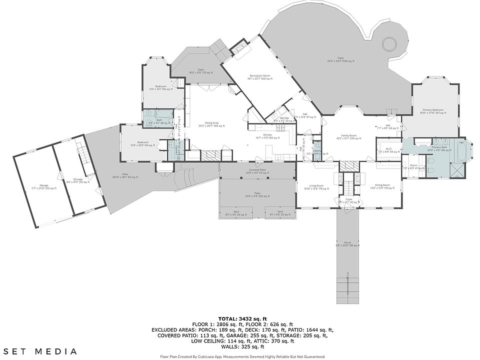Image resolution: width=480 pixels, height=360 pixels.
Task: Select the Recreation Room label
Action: pyautogui.click(x=260, y=75)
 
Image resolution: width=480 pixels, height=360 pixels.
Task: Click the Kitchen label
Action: pyautogui.click(x=267, y=135)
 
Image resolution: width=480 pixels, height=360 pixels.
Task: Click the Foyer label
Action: pyautogui.click(x=349, y=199)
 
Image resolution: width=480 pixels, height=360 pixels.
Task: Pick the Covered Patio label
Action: pyautogui.click(x=257, y=170)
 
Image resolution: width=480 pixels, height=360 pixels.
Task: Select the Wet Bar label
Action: pyautogui.click(x=277, y=118)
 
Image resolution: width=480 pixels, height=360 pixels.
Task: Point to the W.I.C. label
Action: pyautogui.click(x=387, y=148)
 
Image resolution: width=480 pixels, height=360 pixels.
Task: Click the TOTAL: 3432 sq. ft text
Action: pyautogui.click(x=242, y=318)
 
